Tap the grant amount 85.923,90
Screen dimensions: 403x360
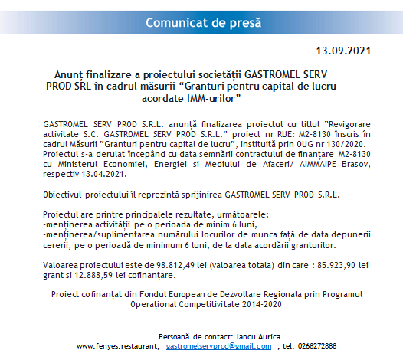click(x=334, y=264)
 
